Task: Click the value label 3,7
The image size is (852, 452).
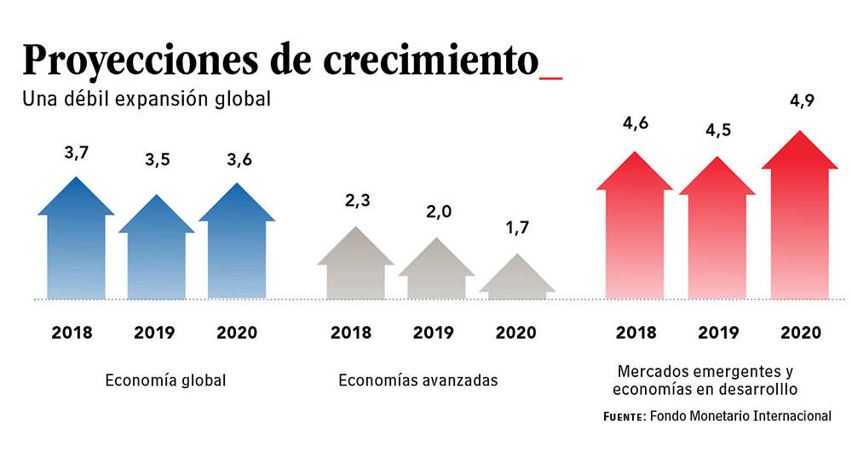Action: pos(77,153)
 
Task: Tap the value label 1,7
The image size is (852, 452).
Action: pos(517,229)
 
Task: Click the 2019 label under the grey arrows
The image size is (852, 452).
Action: pos(433,332)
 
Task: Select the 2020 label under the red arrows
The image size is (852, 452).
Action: pos(799,332)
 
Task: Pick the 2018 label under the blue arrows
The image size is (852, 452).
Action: pos(72,332)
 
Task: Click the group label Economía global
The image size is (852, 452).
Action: pos(165,380)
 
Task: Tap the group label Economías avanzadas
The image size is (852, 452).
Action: pos(417,380)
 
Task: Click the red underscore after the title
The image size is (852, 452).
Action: pos(551,77)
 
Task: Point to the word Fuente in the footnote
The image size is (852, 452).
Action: pos(623,417)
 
